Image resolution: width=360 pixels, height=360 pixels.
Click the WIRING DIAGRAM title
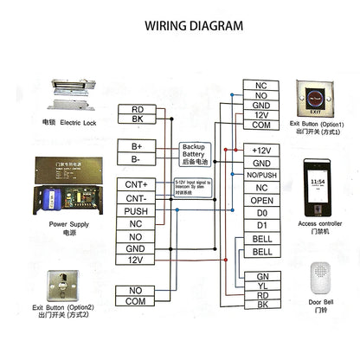click(180, 26)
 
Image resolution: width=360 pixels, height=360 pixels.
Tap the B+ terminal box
click(137, 147)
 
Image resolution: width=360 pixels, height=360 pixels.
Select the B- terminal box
click(137, 159)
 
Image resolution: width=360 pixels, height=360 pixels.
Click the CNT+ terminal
click(136, 184)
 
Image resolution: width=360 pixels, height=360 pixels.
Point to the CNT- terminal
click(136, 197)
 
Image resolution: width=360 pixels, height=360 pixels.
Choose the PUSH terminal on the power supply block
click(136, 210)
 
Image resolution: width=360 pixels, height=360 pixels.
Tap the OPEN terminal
click(261, 200)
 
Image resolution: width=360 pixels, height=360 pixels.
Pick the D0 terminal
click(261, 213)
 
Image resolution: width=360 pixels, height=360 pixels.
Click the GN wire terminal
click(261, 276)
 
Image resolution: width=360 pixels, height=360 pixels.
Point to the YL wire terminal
click(261, 286)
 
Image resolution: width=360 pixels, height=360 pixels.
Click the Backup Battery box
click(198, 153)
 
